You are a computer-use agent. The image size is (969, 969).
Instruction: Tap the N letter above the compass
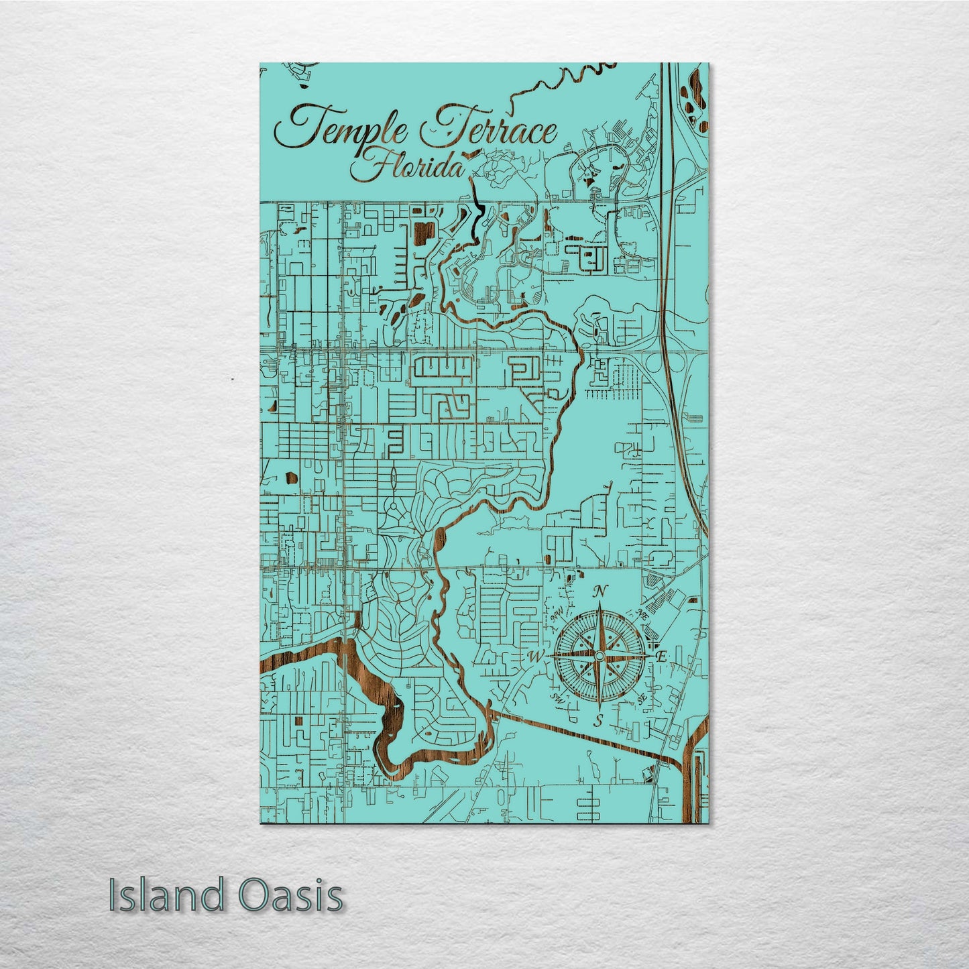602,591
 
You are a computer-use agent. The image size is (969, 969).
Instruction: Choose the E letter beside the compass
661,657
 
